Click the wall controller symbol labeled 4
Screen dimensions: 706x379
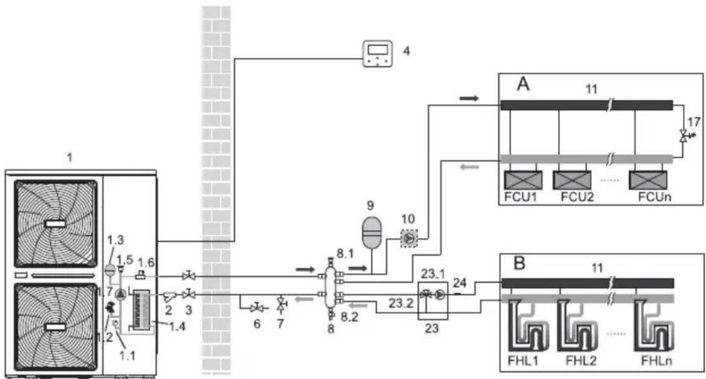coord(377,54)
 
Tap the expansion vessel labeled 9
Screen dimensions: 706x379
coord(372,232)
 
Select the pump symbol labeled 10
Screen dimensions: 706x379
coord(409,238)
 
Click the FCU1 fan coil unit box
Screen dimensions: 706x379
coord(522,180)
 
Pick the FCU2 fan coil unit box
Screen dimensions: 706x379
coord(572,180)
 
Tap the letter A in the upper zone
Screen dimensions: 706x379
coord(522,84)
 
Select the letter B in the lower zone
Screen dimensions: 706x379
coord(519,263)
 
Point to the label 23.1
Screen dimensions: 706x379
coord(433,274)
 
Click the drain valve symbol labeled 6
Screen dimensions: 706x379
coord(258,308)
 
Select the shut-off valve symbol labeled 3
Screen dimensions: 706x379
coord(188,295)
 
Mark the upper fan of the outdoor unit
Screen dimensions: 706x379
coord(56,224)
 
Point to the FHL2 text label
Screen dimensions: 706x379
coord(581,361)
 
